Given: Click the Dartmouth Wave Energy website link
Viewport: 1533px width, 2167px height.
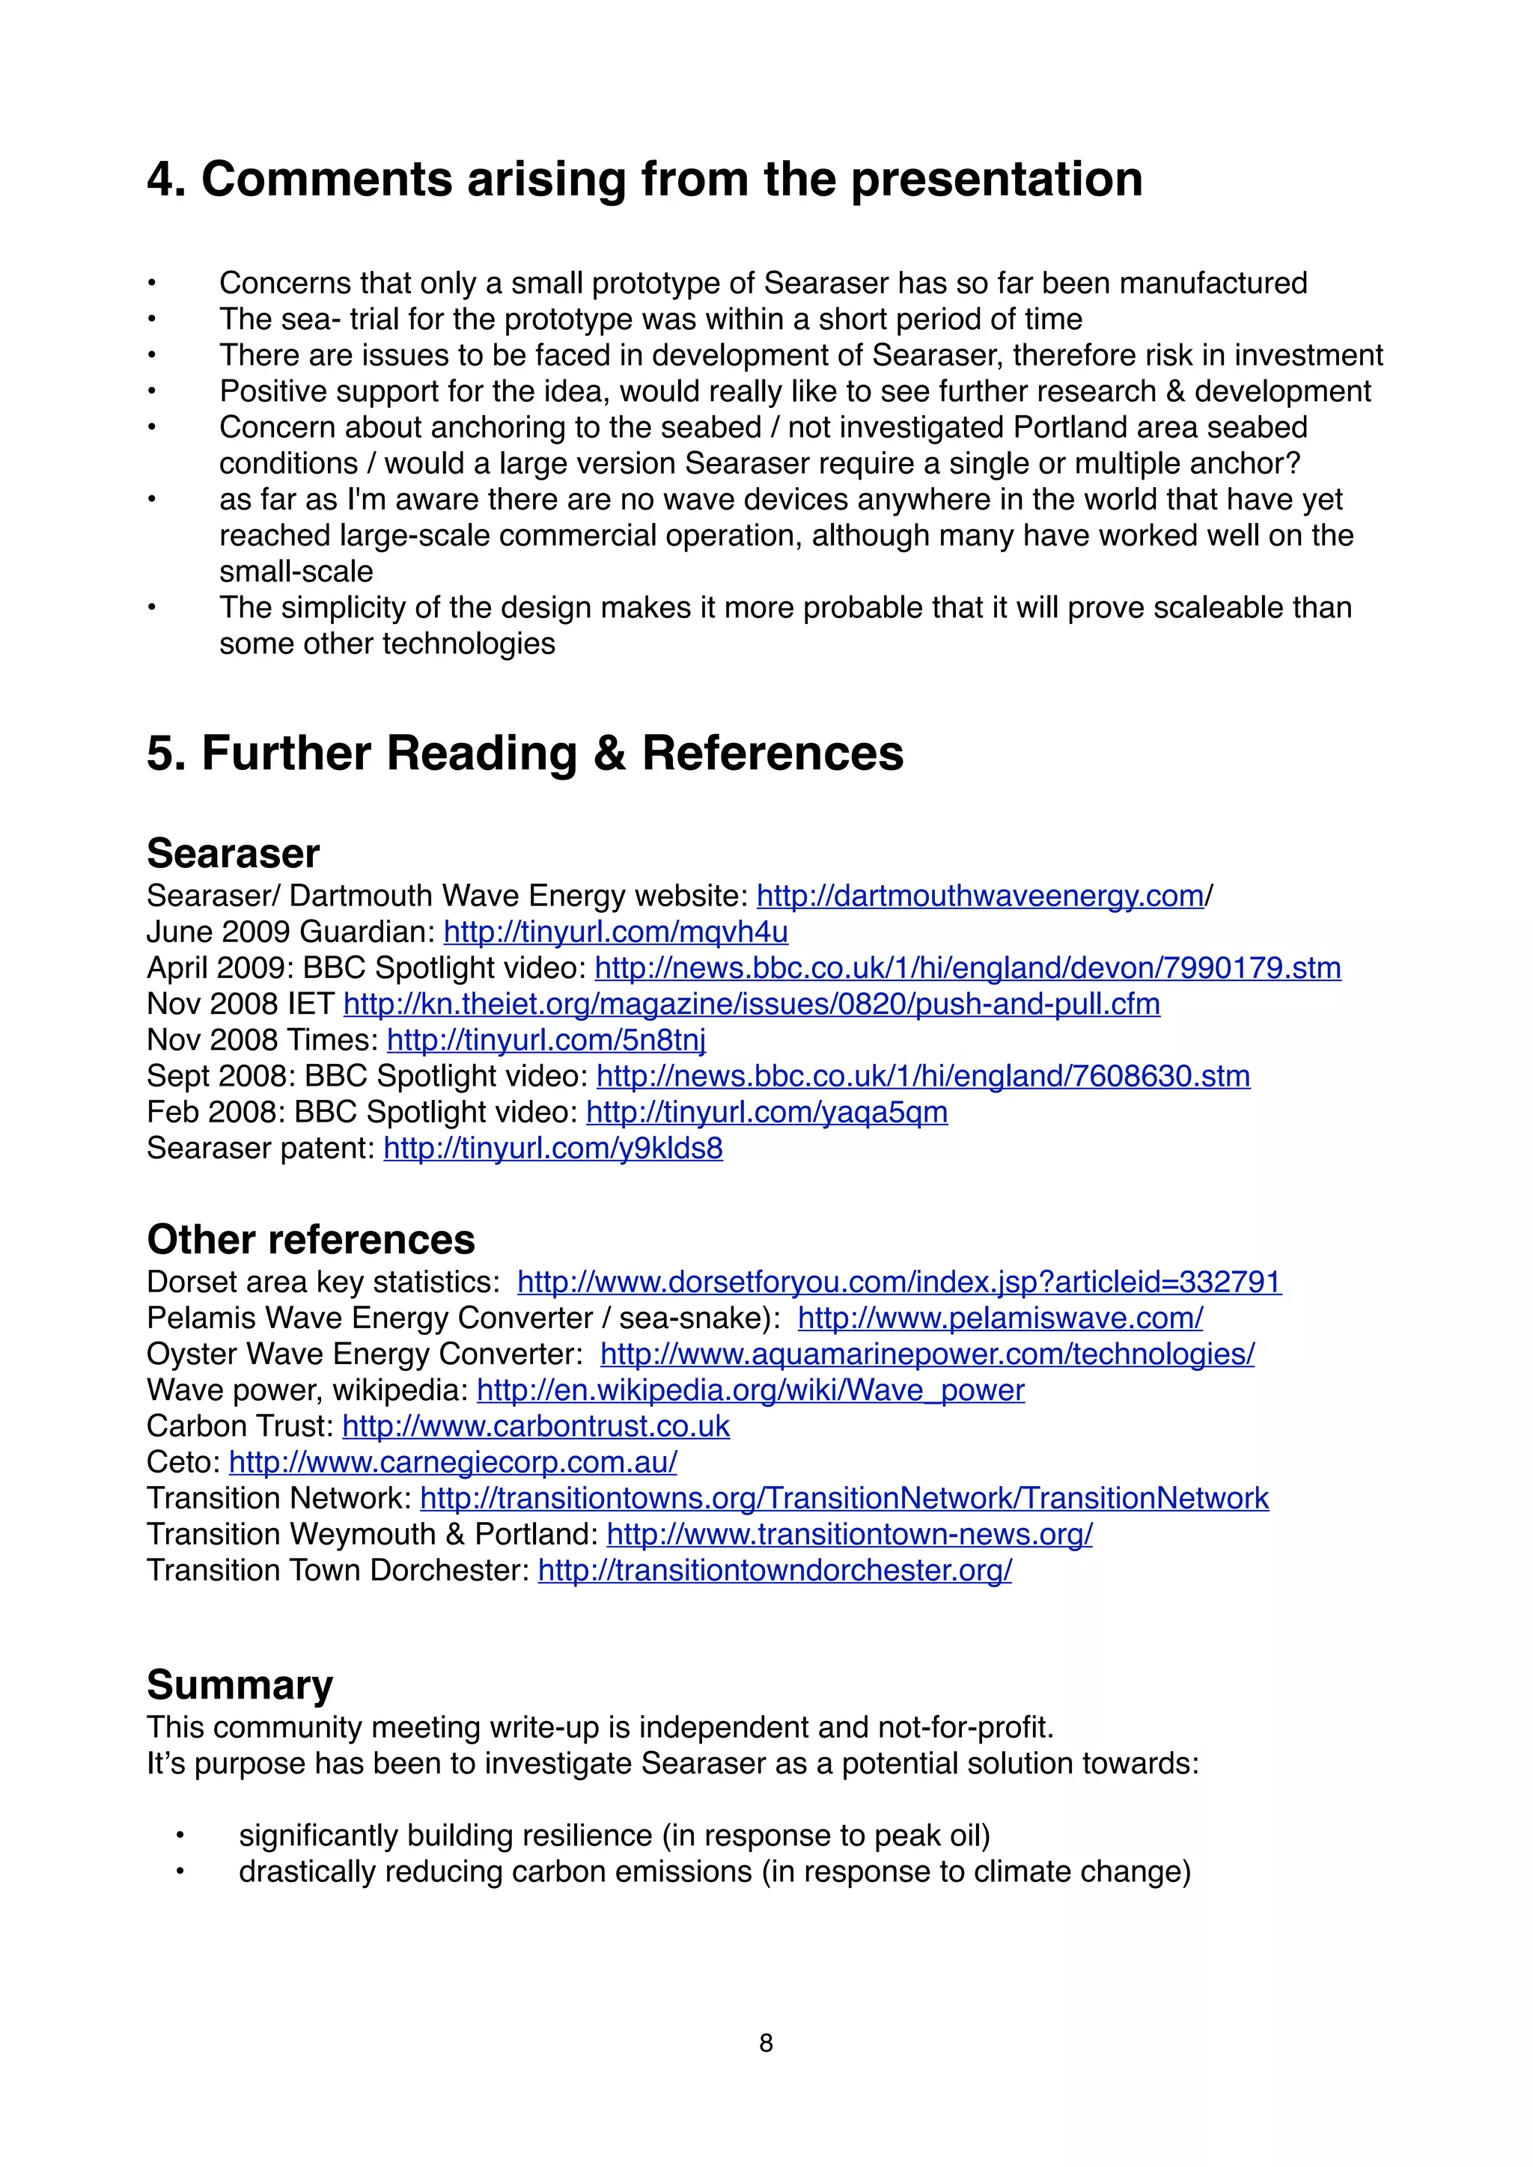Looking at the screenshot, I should pos(980,896).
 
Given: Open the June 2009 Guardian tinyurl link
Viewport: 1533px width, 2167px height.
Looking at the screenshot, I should pos(615,932).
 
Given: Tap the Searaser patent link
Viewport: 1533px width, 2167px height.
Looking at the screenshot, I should pos(553,1149).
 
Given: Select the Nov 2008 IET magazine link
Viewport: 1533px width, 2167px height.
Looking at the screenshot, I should pos(752,1004).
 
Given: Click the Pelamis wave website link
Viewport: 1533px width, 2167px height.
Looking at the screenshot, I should pos(999,1318).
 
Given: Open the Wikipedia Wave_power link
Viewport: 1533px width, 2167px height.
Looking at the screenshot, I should pos(751,1390).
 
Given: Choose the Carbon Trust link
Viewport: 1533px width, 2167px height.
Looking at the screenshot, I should pos(535,1426).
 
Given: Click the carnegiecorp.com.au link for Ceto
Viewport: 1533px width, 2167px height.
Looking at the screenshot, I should pos(453,1462).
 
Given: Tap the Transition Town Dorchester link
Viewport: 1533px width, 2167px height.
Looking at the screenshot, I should pos(774,1571).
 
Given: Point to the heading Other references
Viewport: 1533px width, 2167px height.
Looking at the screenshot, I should pos(311,1239).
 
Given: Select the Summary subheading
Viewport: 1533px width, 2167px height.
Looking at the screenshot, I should pos(240,1684).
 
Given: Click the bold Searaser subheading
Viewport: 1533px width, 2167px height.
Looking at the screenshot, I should pos(233,853).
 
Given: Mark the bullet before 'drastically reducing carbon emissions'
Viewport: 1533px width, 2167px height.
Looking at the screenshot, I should pos(180,1871).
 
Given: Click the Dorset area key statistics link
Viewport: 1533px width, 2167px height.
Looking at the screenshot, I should pos(899,1282).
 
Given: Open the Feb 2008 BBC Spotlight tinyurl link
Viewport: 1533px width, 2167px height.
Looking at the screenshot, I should pos(766,1113).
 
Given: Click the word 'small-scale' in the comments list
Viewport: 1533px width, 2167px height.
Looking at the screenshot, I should pos(296,572).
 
